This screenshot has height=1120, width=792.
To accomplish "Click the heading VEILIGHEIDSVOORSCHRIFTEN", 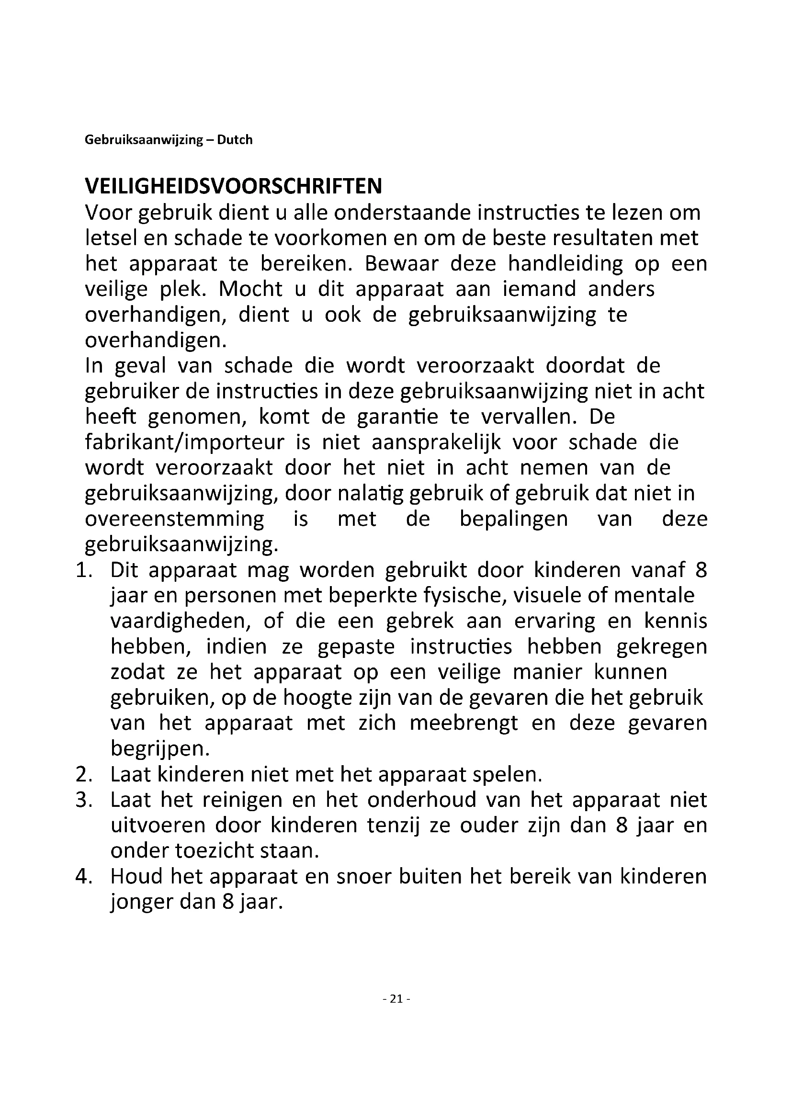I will pyautogui.click(x=233, y=186).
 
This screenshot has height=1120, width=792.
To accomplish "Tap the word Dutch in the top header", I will pyautogui.click(x=235, y=140).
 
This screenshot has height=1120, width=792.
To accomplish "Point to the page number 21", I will pyautogui.click(x=396, y=998).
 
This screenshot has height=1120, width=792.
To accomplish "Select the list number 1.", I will pyautogui.click(x=84, y=570).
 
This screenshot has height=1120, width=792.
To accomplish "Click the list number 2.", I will pyautogui.click(x=84, y=774).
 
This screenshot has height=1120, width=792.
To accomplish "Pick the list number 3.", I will pyautogui.click(x=84, y=800).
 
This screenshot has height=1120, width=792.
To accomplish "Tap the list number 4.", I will pyautogui.click(x=84, y=877).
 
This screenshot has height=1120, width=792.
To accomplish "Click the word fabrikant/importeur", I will pyautogui.click(x=184, y=442).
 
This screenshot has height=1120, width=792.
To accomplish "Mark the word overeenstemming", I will pyautogui.click(x=174, y=519).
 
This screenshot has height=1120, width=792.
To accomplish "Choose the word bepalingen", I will pyautogui.click(x=513, y=519).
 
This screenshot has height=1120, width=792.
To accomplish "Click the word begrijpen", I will pyautogui.click(x=159, y=749).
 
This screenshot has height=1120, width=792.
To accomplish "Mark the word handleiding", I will pyautogui.click(x=565, y=264).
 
